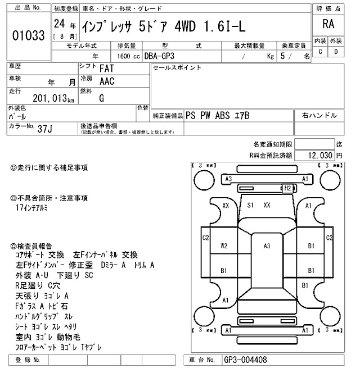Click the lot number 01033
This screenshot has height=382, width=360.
(28, 35)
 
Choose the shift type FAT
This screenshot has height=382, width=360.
(105, 69)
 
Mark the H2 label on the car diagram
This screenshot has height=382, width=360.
(287, 188)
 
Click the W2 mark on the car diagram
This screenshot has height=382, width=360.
(224, 245)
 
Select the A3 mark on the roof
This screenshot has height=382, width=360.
(267, 245)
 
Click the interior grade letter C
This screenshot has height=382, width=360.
(321, 52)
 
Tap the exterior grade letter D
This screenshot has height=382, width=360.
(336, 52)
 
